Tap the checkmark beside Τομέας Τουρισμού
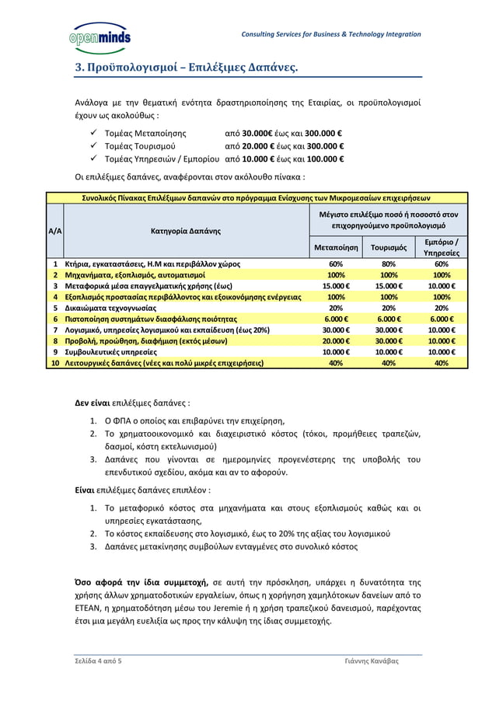tap(93, 145)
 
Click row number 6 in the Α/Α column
tap(56, 319)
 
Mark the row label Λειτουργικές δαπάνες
tap(163, 362)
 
